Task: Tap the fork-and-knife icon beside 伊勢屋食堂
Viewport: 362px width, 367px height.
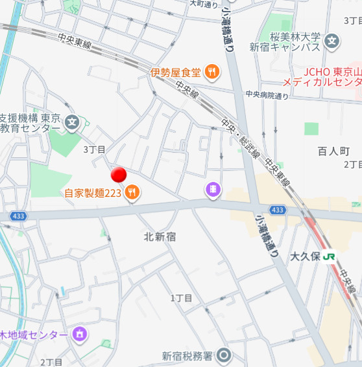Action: pyautogui.click(x=211, y=72)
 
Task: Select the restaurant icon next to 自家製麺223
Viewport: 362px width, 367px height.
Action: pyautogui.click(x=132, y=192)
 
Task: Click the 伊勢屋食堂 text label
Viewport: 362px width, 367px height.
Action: pyautogui.click(x=175, y=72)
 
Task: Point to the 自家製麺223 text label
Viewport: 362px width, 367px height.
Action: pyautogui.click(x=93, y=192)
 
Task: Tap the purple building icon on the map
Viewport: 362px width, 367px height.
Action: pyautogui.click(x=212, y=189)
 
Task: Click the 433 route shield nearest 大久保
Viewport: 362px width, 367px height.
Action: pyautogui.click(x=278, y=210)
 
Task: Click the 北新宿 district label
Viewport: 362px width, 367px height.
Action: pyautogui.click(x=160, y=237)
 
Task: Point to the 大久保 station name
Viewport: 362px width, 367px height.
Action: pyautogui.click(x=306, y=256)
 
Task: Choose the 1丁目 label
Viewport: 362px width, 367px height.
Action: pyautogui.click(x=182, y=298)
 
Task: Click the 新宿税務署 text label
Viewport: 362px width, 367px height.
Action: pyautogui.click(x=187, y=355)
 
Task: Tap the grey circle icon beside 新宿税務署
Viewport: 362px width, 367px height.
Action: pyautogui.click(x=224, y=355)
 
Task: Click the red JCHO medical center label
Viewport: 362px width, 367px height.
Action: pyautogui.click(x=322, y=76)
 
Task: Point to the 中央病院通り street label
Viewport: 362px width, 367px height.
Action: pyautogui.click(x=267, y=95)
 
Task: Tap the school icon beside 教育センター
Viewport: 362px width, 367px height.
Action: pyautogui.click(x=71, y=121)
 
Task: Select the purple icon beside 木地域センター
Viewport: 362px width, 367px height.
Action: pyautogui.click(x=79, y=334)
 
